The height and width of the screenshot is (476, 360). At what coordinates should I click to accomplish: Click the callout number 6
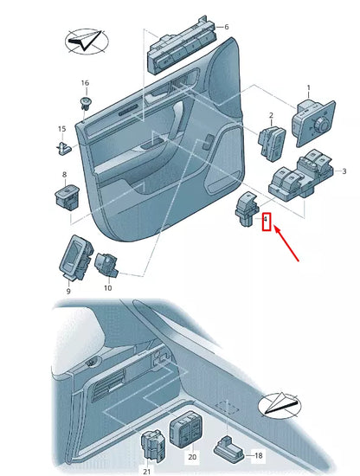tap(227, 27)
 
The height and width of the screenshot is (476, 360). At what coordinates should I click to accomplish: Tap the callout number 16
tap(85, 83)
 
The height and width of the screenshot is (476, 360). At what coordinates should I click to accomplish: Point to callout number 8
tap(64, 175)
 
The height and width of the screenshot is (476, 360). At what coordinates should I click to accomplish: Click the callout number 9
tap(68, 281)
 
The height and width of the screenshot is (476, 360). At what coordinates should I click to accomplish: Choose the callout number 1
tap(307, 88)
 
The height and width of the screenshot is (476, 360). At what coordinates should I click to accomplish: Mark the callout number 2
tap(270, 115)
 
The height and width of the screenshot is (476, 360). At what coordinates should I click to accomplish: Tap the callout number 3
tap(344, 172)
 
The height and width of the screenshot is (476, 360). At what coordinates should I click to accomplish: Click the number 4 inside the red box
tap(267, 221)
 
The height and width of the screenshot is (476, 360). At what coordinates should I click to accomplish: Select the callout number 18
tap(257, 453)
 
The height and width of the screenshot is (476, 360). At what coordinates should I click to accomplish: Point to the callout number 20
tap(192, 455)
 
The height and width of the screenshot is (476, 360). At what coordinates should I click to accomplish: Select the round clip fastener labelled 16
tap(86, 103)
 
